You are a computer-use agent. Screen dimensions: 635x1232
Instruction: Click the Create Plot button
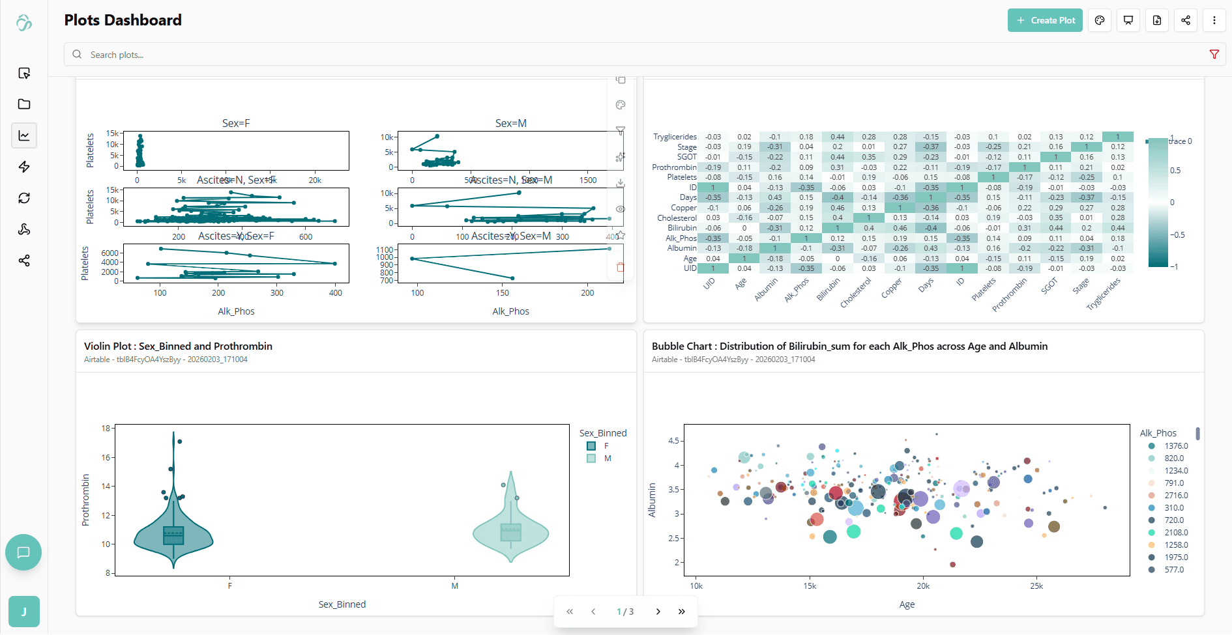(x=1045, y=20)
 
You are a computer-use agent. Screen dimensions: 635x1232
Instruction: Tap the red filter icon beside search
(x=1214, y=55)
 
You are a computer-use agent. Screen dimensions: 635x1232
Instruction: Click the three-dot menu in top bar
(x=1214, y=20)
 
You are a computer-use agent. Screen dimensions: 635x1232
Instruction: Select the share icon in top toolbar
(x=1185, y=20)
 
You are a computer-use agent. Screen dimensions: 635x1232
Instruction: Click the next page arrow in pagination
(x=658, y=612)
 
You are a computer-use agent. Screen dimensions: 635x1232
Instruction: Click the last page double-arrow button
(x=681, y=612)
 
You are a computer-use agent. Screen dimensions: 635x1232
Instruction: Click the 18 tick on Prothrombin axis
(x=106, y=429)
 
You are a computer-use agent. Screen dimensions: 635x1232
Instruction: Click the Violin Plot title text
(x=178, y=346)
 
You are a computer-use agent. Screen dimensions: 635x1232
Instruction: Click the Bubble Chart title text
(x=849, y=346)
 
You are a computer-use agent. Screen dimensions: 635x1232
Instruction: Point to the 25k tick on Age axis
(x=1036, y=586)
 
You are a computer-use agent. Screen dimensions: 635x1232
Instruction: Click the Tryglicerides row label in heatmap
(x=675, y=137)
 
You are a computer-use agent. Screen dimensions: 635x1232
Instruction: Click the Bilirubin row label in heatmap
(x=682, y=228)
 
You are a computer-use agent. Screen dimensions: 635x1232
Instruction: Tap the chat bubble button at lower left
(x=23, y=552)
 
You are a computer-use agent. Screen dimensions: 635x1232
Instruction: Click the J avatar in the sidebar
(x=24, y=612)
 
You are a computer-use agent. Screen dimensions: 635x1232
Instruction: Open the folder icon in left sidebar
(x=24, y=104)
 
